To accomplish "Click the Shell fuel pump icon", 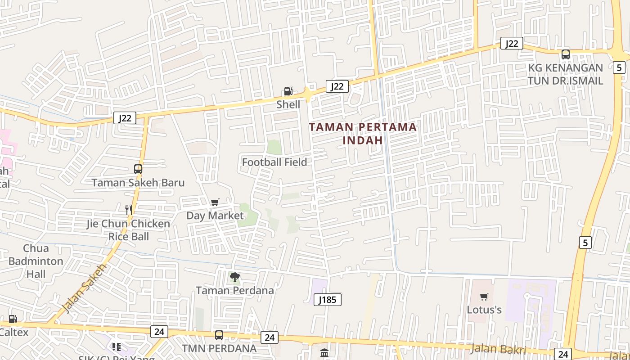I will click(288, 91).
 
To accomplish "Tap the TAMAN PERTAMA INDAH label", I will click(363, 133).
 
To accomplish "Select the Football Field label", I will click(274, 162).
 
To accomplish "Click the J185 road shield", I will click(327, 300).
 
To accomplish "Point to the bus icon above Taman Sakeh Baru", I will click(138, 169).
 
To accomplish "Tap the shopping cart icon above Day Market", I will click(215, 202).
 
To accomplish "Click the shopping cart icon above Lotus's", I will click(484, 297).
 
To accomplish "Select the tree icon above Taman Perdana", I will click(235, 277).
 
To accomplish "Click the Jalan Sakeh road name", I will click(84, 288).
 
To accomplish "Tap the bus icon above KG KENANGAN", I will click(566, 54).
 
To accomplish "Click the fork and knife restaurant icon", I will click(129, 209).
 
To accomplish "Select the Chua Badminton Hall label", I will click(36, 261).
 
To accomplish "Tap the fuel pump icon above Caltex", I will click(13, 319).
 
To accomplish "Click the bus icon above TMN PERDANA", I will click(219, 335).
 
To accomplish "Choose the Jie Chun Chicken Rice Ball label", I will click(129, 230).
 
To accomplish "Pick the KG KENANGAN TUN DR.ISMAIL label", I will click(565, 74).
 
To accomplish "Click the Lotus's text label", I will click(484, 310).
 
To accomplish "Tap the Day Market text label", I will click(215, 216).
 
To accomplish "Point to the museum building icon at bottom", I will click(324, 353).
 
